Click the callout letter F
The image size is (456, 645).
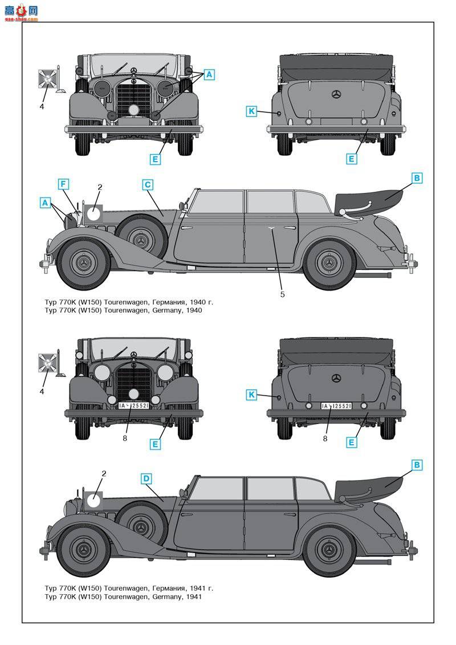[63, 184]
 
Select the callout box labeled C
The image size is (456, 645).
[148, 184]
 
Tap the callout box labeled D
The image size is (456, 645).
[146, 478]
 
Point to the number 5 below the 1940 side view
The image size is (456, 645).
[282, 295]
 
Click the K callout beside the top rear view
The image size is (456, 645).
[251, 111]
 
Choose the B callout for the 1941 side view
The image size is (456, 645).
[417, 465]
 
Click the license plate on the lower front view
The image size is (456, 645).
[134, 405]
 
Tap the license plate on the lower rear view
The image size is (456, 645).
[336, 406]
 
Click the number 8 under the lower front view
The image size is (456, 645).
[124, 438]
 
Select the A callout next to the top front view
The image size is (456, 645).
[209, 74]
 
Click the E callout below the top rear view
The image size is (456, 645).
[352, 159]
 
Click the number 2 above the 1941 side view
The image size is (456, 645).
[104, 473]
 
